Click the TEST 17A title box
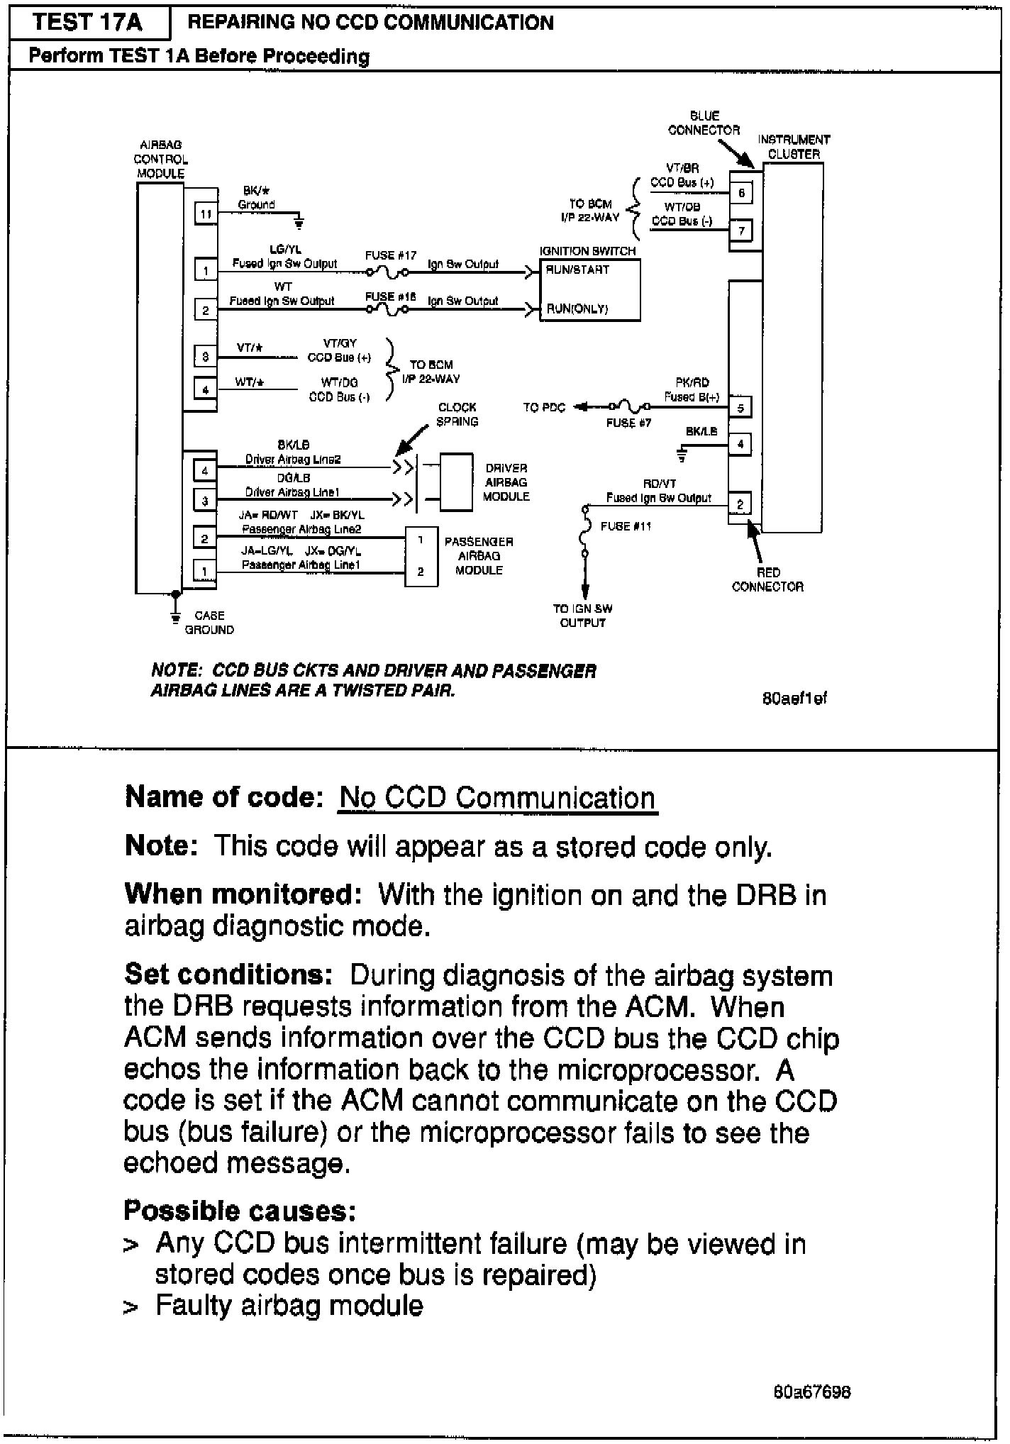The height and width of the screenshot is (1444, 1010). tap(87, 23)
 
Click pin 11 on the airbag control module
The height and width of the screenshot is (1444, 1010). tap(206, 213)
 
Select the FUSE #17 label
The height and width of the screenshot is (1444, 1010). tap(390, 255)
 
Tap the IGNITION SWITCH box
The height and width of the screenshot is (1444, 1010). tap(589, 289)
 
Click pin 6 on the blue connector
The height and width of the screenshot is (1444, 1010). tap(741, 193)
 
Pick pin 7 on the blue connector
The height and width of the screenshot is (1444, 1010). tap(741, 231)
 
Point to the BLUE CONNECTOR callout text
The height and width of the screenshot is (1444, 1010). tap(704, 123)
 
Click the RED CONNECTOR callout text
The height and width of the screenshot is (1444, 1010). tap(767, 579)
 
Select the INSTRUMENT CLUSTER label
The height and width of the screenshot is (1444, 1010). tap(794, 147)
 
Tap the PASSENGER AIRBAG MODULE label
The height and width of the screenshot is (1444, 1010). tap(479, 556)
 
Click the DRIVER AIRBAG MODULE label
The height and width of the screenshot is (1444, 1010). tap(506, 482)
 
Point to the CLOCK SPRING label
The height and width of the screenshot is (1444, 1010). tap(457, 414)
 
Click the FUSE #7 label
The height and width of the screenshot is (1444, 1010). tap(628, 423)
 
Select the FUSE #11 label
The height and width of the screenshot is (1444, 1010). tap(626, 526)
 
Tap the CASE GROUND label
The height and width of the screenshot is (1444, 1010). tap(209, 623)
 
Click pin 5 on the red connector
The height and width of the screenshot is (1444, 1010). tap(740, 408)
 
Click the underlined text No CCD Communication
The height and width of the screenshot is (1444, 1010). tap(497, 798)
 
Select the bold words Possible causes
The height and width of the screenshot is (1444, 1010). tap(239, 1211)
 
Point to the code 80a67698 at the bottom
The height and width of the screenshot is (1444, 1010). tap(812, 1392)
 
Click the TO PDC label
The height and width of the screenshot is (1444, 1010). tap(544, 407)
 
